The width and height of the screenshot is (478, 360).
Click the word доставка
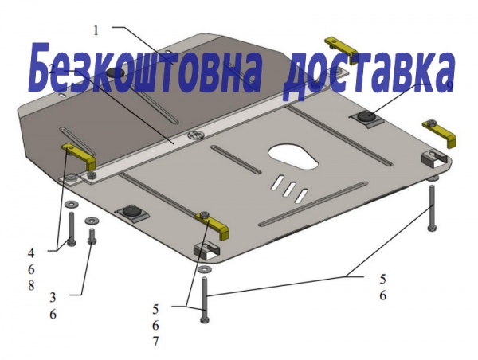369,73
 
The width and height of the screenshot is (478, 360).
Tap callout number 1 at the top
96,30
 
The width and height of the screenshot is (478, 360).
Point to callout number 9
450,86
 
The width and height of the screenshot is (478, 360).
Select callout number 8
31,286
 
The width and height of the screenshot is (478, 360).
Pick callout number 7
155,342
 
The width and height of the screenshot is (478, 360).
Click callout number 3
53,297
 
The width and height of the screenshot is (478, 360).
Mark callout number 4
31,253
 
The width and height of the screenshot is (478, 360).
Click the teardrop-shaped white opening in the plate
293,155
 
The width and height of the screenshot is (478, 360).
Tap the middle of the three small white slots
289,189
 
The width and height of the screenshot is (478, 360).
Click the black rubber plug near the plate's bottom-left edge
131,210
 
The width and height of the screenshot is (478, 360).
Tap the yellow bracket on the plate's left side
80,155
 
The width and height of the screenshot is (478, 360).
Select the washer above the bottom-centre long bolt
204,269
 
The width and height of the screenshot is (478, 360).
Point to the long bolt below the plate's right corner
433,207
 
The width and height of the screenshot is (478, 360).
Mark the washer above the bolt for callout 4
71,204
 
